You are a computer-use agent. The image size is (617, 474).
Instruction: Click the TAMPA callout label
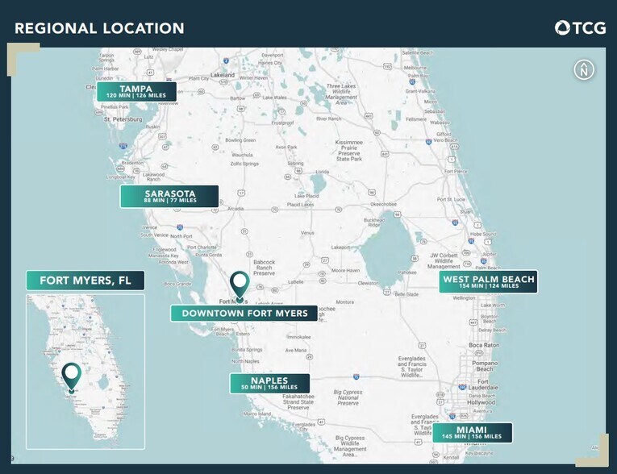point(135,91)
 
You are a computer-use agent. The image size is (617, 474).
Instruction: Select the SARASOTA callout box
point(169,196)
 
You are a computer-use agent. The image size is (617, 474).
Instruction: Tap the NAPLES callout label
point(269,383)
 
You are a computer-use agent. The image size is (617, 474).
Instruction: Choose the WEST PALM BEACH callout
point(488,281)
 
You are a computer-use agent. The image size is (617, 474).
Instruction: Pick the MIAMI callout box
point(472,432)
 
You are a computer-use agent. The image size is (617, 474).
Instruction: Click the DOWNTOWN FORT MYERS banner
point(244,313)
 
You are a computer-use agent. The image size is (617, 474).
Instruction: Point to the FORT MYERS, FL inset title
point(85,281)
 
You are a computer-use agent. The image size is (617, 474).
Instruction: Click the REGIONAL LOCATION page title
point(99,29)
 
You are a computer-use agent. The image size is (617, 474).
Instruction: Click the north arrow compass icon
point(584,70)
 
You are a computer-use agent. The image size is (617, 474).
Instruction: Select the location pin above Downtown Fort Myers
point(240,285)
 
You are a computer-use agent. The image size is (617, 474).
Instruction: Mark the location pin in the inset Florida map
point(72,376)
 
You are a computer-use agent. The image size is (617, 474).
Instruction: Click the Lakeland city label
point(223,74)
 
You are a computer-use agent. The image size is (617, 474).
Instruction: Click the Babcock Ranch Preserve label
point(265,268)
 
